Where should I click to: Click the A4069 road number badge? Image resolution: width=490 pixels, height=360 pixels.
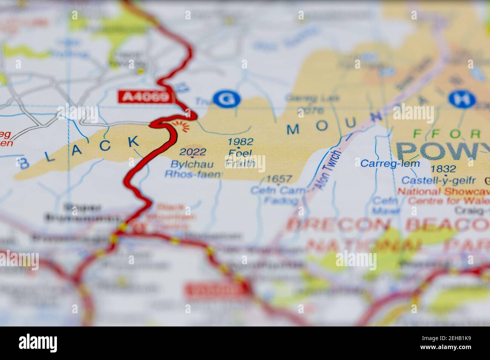tap(145, 97)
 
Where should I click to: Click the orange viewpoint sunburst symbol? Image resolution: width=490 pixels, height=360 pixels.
tap(185, 127)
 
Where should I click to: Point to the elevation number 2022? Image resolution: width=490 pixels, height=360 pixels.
tap(193, 152)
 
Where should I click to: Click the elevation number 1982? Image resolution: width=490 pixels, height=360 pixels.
tap(240, 142)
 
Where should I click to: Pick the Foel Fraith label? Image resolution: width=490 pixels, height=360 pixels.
tap(240, 158)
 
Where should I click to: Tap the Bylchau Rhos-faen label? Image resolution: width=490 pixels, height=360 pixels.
tap(193, 169)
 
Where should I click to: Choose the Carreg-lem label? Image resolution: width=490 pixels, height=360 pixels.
tap(384, 163)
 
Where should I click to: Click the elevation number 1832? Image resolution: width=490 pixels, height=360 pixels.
tap(444, 169)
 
